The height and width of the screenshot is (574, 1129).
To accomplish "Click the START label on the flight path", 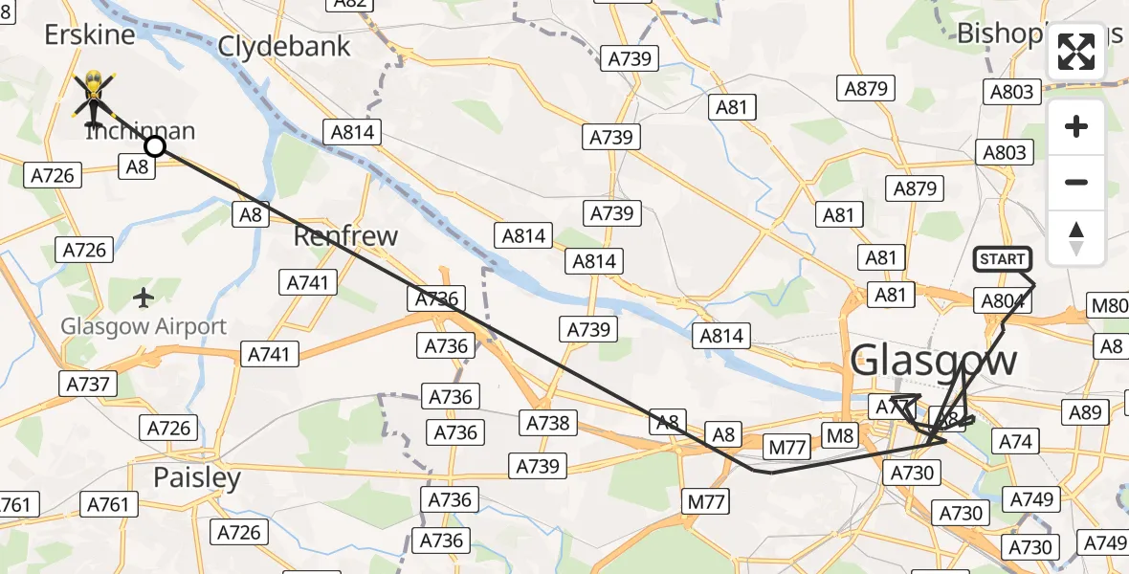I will coord(1002,259).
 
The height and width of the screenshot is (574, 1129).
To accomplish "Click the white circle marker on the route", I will coord(155,146).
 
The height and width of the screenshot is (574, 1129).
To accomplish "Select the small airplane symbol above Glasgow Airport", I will coord(144,298).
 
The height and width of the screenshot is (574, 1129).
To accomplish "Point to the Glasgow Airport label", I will coord(144,326).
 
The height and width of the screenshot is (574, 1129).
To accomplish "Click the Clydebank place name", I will coord(284,46).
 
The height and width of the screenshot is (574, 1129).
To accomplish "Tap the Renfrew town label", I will coord(345,235).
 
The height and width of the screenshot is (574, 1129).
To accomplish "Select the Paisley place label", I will coord(197,476).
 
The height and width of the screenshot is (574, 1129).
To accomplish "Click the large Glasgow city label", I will coord(933,361).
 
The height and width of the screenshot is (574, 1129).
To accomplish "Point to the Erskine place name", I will coord(90,35).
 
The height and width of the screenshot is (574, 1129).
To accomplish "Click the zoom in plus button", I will coord(1076,127).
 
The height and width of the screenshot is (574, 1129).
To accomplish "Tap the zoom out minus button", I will coord(1076,182).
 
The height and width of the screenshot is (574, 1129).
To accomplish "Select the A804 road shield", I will coord(1004,301).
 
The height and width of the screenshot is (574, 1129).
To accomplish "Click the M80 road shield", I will coord(1110,306).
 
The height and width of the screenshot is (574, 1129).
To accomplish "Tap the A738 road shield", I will coord(547,422).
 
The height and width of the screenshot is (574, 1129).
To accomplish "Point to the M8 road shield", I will coord(839,437).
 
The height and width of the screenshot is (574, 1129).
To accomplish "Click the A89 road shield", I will coord(1086,412).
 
